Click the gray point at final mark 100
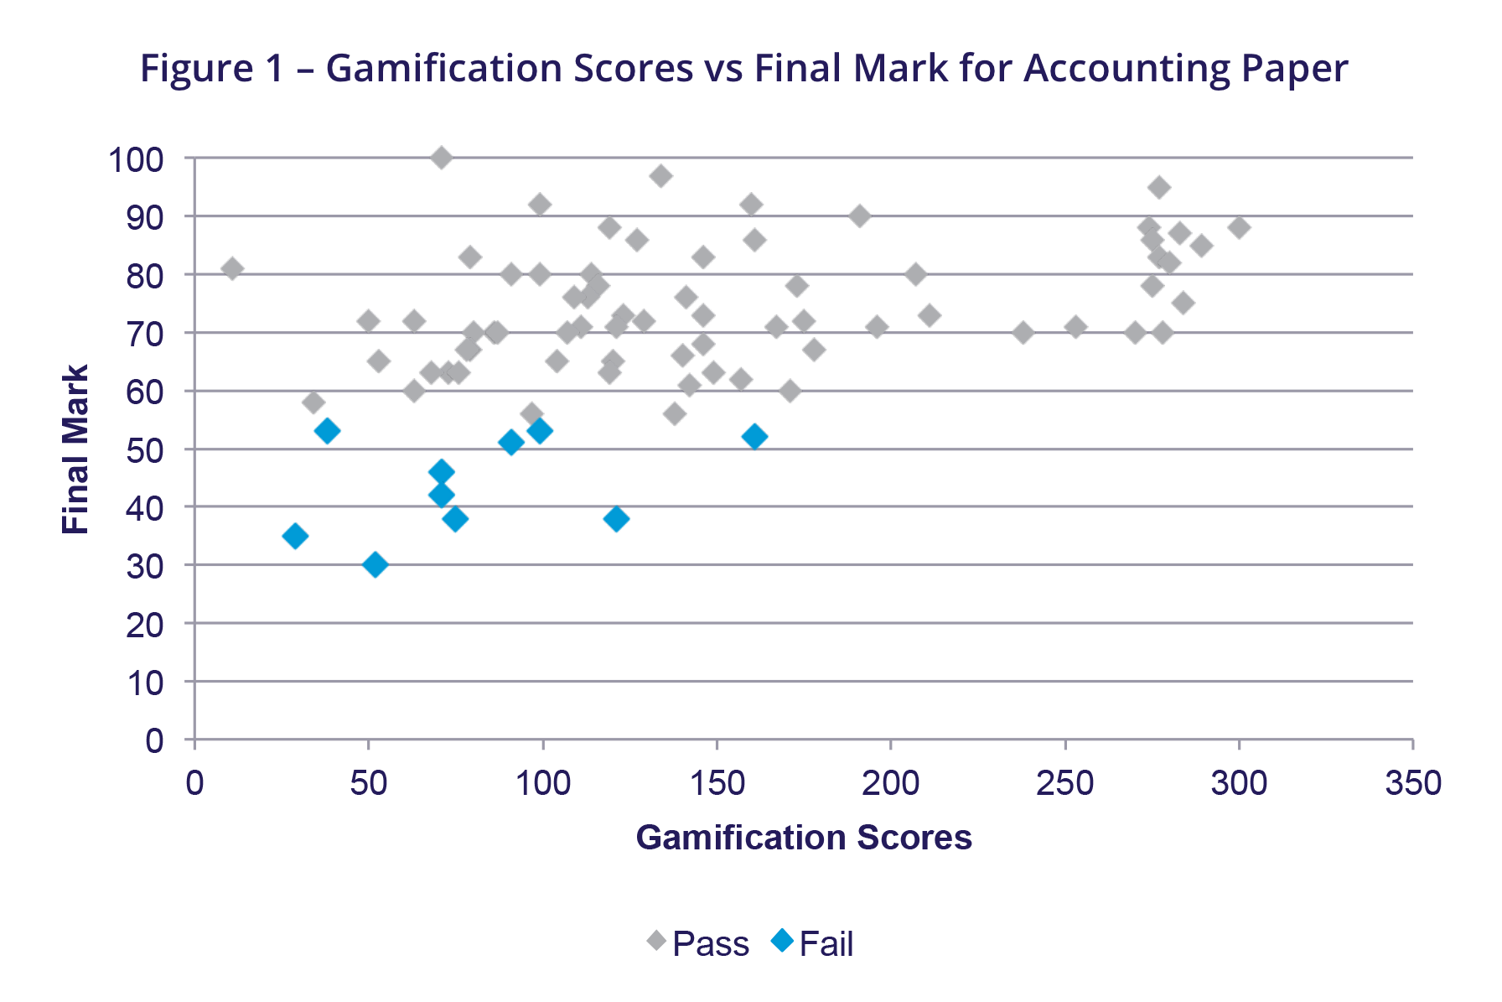(442, 158)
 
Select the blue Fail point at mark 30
(375, 565)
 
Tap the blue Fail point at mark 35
(295, 536)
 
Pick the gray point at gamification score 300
(1239, 227)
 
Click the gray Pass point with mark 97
(660, 176)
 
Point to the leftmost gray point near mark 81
(232, 268)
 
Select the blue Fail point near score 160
(754, 437)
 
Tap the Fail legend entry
(813, 943)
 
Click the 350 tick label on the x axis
(1413, 784)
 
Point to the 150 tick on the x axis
(717, 784)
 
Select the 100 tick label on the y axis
(136, 159)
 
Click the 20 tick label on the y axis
(144, 625)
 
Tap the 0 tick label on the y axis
(154, 741)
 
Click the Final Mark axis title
(75, 449)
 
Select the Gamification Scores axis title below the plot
(804, 838)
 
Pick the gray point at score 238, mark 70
(1023, 332)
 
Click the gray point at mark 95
(1159, 187)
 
